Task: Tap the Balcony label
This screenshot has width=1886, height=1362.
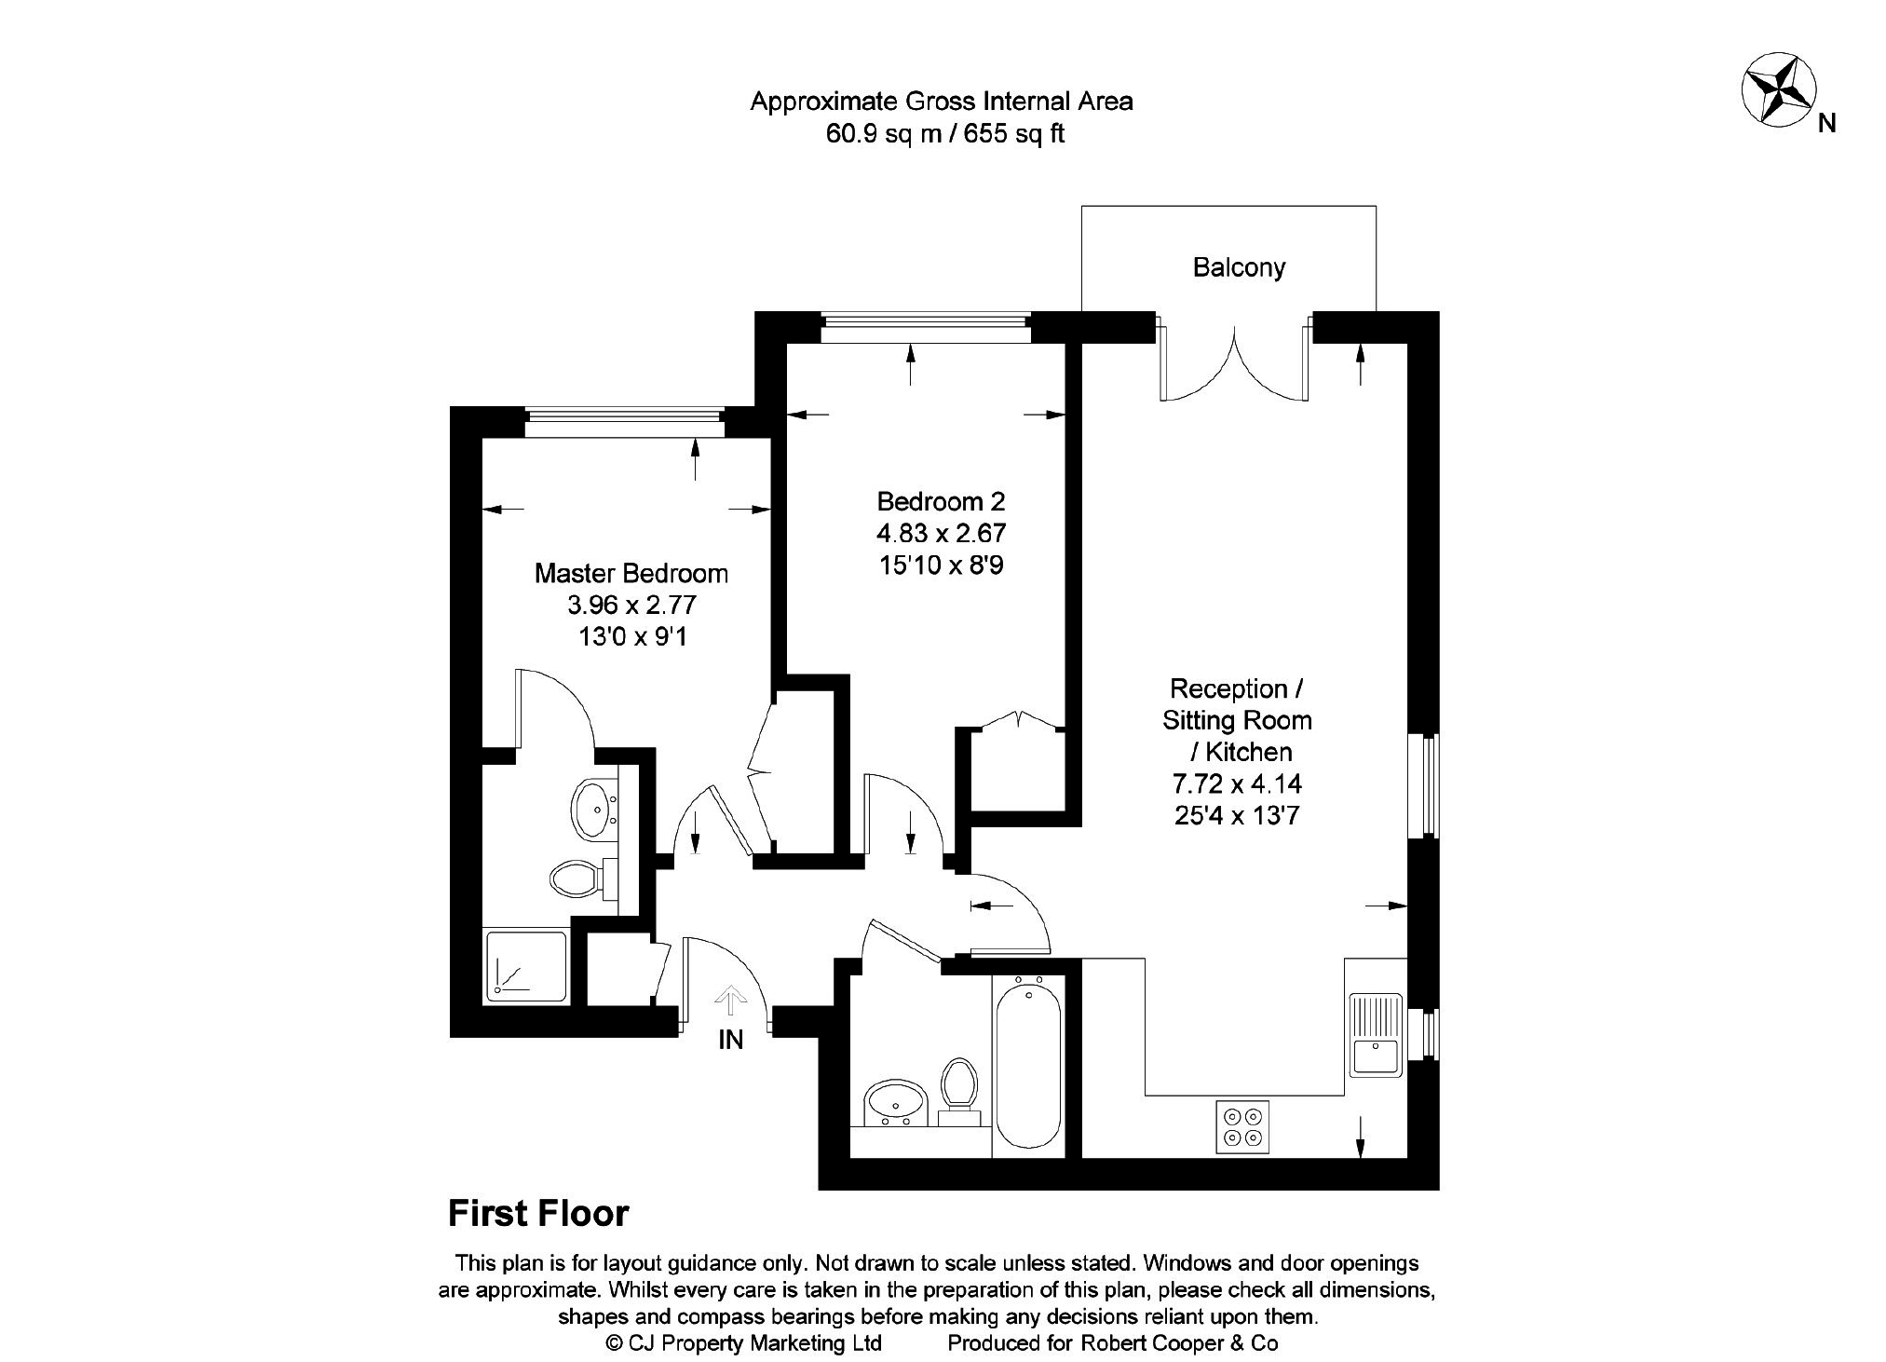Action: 1239,268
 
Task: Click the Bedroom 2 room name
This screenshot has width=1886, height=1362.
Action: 941,502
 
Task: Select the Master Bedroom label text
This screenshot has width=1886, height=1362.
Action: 631,573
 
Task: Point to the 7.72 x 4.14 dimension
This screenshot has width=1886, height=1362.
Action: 1237,783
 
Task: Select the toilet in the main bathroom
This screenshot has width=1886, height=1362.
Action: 957,1086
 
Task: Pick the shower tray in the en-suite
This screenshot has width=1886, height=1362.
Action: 525,966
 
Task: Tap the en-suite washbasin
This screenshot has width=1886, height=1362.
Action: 593,809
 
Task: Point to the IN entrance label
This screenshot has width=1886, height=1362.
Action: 730,1041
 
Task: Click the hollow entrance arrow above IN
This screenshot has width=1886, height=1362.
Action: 730,1001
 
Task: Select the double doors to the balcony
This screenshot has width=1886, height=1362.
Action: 1235,363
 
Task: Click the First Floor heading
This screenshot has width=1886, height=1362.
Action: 538,1214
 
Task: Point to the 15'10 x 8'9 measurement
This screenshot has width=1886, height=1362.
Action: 941,565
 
